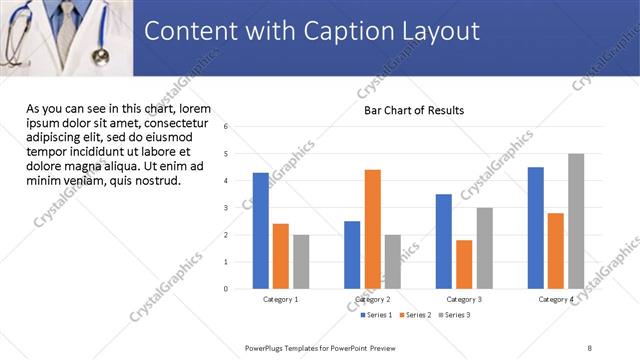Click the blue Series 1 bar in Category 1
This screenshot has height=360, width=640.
pos(261,231)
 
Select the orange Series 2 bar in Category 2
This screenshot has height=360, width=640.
pos(372,229)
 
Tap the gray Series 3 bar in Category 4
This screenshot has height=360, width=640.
pos(576,221)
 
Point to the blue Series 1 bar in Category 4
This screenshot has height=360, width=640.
pos(536,228)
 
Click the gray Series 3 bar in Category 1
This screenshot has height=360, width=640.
pos(301,262)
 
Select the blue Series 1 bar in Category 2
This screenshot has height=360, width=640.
pos(352,255)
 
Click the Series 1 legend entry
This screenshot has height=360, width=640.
pos(379,315)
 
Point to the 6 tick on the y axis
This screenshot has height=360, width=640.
pos(227,127)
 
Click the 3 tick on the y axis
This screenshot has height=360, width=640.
pos(227,208)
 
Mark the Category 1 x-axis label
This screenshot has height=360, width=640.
pos(281,299)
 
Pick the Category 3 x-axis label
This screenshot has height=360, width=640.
pos(464,299)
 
